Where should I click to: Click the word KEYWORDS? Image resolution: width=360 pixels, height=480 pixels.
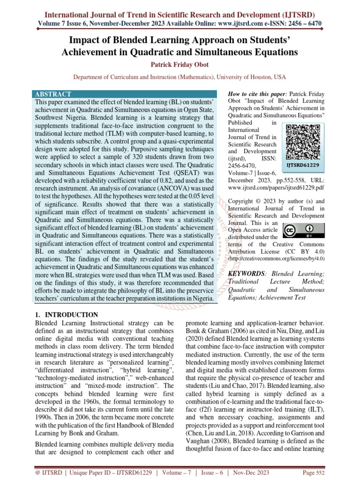point(246,273)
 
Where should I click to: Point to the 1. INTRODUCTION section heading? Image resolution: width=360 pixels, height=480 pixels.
point(67,315)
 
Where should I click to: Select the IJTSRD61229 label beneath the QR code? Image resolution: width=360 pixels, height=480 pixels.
point(303,165)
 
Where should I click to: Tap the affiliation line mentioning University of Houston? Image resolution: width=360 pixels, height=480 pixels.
point(180,76)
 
